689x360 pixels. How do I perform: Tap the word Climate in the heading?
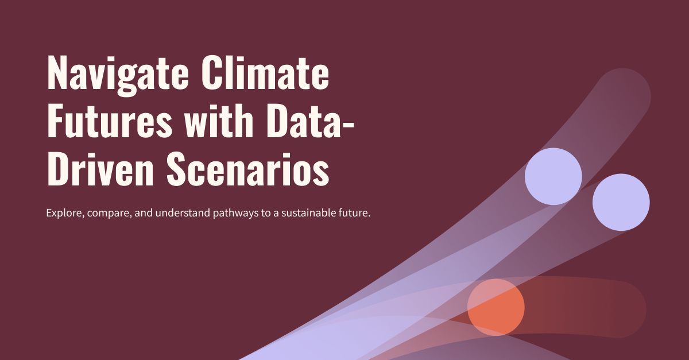265,72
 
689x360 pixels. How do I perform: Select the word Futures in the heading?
110,121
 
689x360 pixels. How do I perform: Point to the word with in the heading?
219,121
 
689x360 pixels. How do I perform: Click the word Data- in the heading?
311,121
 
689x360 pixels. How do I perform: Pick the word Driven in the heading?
100,169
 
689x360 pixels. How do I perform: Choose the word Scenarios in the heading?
248,169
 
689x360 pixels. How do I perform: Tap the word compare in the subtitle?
109,214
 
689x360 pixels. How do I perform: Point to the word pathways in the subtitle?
235,213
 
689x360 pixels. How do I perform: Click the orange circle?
496,307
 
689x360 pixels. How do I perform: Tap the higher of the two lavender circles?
553,176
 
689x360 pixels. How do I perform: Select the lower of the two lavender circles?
621,202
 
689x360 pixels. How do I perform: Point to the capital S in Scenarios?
176,169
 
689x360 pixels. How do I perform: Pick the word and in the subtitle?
144,212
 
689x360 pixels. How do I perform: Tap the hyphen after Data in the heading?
349,125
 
